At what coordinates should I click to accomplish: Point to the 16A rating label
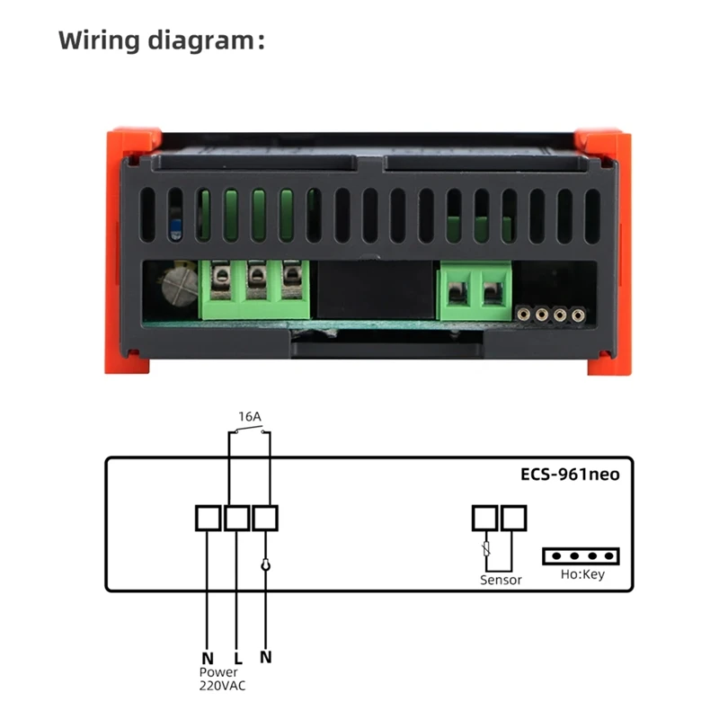click(x=250, y=417)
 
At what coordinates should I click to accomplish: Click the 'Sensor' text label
click(x=501, y=581)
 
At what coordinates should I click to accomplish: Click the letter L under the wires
click(x=237, y=657)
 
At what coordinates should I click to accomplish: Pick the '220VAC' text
click(x=223, y=686)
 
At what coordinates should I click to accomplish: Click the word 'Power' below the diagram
click(x=218, y=672)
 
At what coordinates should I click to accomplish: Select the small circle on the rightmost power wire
click(x=265, y=564)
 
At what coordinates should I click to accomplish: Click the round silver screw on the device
click(x=178, y=291)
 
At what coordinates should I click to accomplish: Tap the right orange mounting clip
click(x=604, y=252)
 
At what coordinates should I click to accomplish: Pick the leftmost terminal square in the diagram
click(x=208, y=518)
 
